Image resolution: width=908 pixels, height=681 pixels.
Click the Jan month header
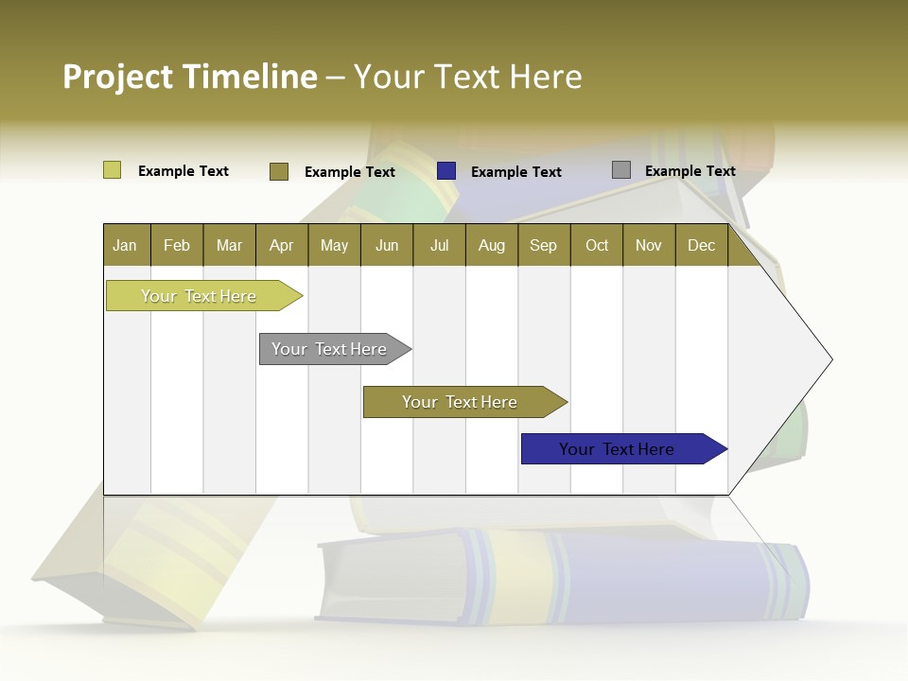click(x=125, y=245)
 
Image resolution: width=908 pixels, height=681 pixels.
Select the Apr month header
click(x=282, y=245)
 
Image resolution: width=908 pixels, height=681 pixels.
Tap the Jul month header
click(x=439, y=245)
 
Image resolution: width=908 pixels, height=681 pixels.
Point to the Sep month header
click(x=543, y=245)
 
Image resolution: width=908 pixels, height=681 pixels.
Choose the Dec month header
click(x=701, y=245)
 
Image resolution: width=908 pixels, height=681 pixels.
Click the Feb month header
click(x=177, y=245)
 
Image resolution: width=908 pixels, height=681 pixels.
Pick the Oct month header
click(x=597, y=245)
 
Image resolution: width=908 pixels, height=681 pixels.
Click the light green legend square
click(x=112, y=170)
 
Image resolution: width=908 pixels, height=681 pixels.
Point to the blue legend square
click(x=446, y=171)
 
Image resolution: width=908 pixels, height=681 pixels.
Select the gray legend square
click(x=621, y=170)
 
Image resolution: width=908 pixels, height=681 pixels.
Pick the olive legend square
click(x=279, y=171)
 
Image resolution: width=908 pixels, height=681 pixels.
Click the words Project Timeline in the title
click(x=189, y=77)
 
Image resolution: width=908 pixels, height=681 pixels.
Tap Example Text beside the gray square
click(x=690, y=170)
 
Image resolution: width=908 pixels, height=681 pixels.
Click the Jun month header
click(x=387, y=245)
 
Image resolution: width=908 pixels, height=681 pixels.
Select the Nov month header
click(x=649, y=245)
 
